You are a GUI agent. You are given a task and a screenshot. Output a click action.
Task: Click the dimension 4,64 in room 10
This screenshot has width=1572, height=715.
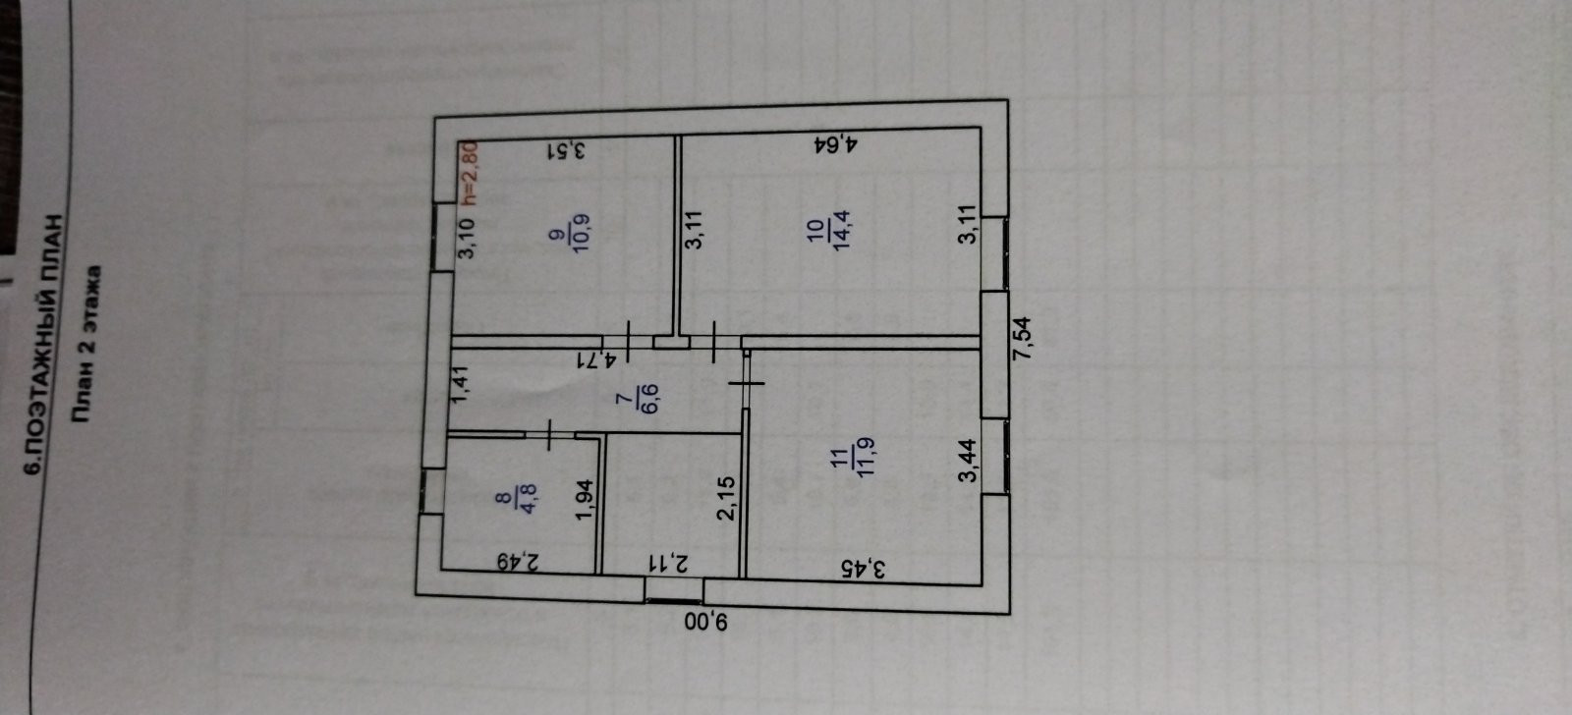click(837, 146)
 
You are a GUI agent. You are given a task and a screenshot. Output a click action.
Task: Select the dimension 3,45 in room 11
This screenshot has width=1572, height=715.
click(865, 567)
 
